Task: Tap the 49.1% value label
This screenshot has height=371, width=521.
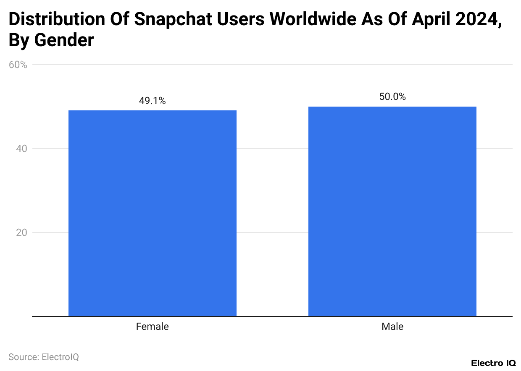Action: [152, 101]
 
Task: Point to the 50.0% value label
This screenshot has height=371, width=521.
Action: [392, 97]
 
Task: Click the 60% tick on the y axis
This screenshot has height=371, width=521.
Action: [18, 65]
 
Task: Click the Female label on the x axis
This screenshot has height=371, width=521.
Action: [152, 327]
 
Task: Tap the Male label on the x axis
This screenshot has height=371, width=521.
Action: [392, 327]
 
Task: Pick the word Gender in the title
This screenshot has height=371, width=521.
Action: [64, 40]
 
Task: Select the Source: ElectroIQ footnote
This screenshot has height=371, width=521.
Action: [44, 357]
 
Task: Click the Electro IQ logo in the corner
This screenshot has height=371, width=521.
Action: [493, 363]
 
